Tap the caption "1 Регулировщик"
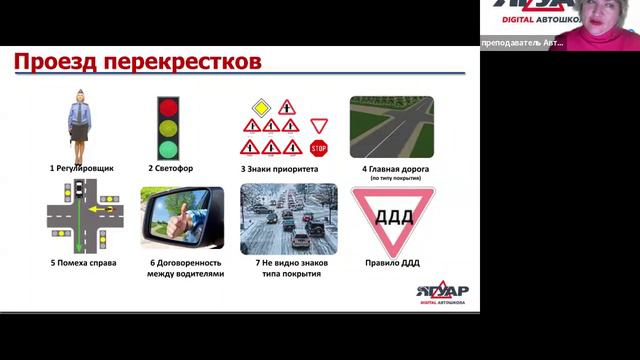[x=82, y=169]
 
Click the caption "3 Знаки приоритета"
[x=279, y=169]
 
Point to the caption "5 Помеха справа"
[x=83, y=263]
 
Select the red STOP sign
[x=319, y=148]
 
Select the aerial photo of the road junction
[x=391, y=128]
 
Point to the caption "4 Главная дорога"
[x=391, y=169]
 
